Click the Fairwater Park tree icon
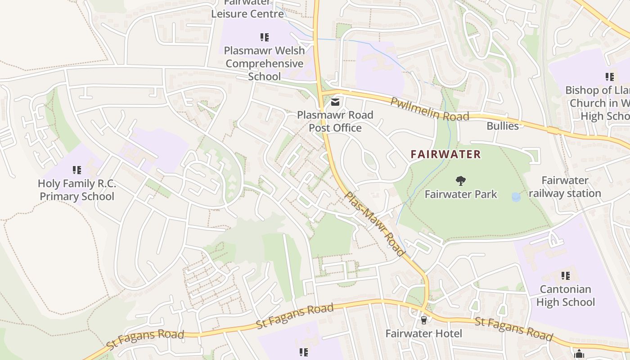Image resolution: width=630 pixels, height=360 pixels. [460, 181]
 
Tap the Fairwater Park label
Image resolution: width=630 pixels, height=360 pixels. [461, 194]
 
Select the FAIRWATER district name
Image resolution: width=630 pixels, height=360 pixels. [445, 154]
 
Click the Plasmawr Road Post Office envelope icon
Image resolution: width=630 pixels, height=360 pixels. [335, 102]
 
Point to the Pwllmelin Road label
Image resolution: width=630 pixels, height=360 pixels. [429, 109]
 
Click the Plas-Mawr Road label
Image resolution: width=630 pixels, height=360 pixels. [374, 224]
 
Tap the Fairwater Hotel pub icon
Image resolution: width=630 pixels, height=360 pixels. [423, 320]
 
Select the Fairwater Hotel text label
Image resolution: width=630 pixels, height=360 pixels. [423, 333]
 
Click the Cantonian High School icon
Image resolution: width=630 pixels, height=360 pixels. [566, 275]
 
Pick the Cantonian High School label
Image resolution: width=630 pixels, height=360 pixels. [566, 296]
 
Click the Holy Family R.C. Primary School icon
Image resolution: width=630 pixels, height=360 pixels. [77, 170]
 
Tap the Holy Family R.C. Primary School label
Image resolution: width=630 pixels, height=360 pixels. [77, 190]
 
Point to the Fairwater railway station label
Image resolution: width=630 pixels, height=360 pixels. [565, 187]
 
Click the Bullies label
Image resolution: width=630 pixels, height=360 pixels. [503, 126]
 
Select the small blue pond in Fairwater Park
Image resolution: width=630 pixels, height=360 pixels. [516, 197]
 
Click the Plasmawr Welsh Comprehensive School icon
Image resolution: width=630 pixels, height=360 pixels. [265, 37]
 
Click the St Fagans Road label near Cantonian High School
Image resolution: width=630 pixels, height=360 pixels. [513, 328]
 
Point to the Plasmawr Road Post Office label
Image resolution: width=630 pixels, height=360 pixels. [335, 121]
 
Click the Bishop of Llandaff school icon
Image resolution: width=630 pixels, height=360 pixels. [610, 77]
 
